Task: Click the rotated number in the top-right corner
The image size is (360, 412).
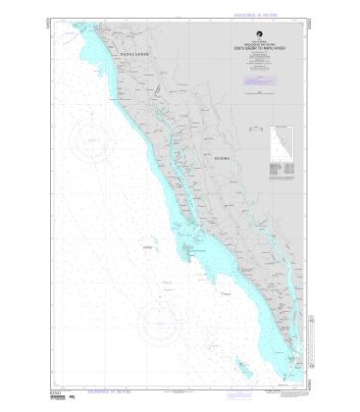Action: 311,22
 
